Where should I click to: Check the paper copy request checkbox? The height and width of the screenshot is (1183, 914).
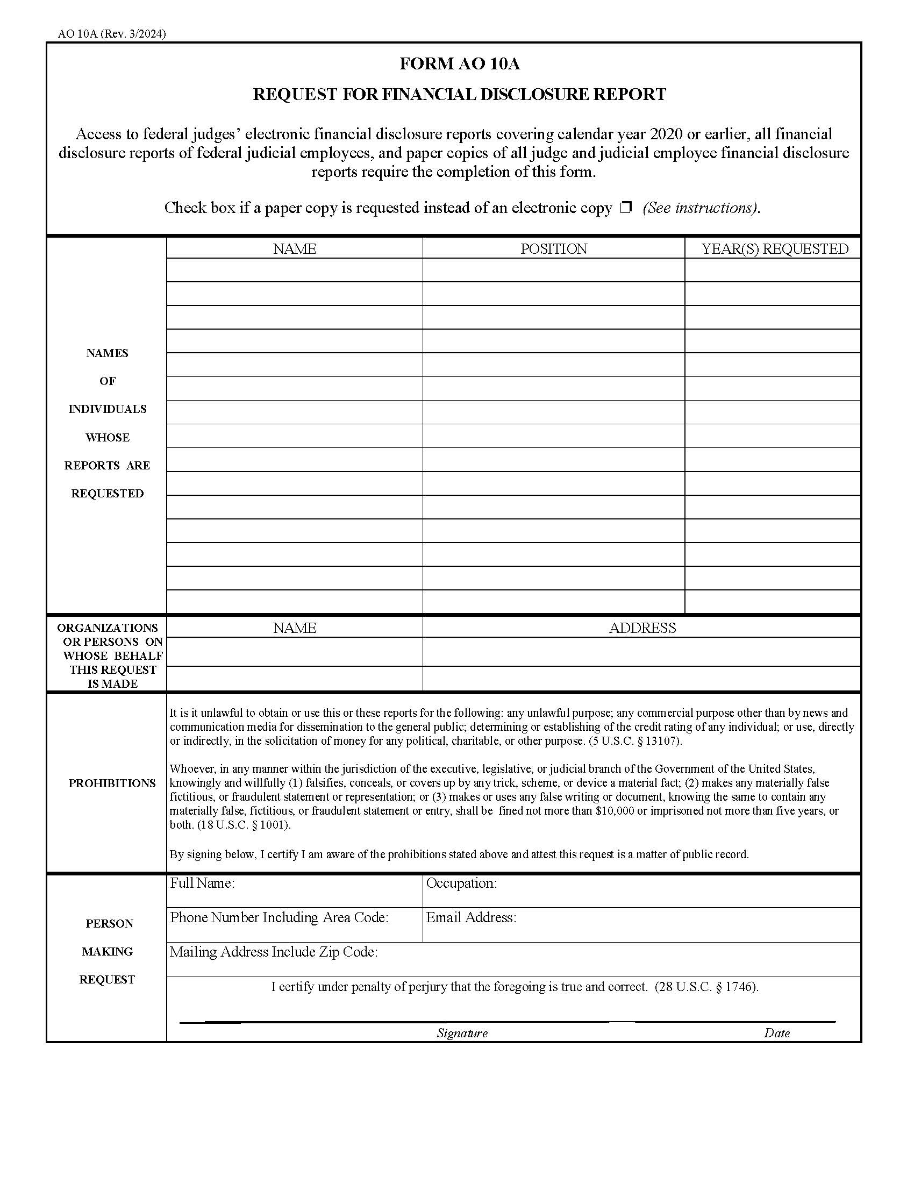(x=626, y=208)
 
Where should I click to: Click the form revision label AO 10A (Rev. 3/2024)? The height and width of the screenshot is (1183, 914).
(x=112, y=33)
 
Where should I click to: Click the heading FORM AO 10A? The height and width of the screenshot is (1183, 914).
(x=459, y=64)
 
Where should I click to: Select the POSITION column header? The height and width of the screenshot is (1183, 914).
(x=553, y=248)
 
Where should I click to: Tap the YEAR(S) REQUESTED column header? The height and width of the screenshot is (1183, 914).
(x=774, y=248)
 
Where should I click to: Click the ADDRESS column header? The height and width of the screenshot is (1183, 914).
(x=642, y=628)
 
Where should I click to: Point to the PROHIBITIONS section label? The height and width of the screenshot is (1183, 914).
(x=111, y=783)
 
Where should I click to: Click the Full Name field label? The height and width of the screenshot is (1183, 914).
(x=202, y=883)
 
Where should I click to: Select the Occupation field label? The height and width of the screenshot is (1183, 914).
(x=461, y=883)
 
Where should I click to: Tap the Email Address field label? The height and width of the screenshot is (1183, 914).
(x=470, y=917)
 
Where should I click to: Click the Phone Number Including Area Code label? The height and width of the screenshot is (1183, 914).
(x=279, y=917)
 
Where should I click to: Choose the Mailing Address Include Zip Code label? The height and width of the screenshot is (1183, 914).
(x=274, y=952)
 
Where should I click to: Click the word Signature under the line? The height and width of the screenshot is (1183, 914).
(x=462, y=1034)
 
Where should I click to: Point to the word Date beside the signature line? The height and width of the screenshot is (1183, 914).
(x=776, y=1034)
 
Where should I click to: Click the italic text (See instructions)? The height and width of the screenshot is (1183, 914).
(x=701, y=208)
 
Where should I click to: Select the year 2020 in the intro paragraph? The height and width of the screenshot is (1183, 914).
(x=666, y=134)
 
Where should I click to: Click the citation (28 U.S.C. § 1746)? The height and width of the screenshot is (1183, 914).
(x=706, y=987)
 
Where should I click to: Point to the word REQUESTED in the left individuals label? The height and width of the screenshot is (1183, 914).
(x=107, y=494)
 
